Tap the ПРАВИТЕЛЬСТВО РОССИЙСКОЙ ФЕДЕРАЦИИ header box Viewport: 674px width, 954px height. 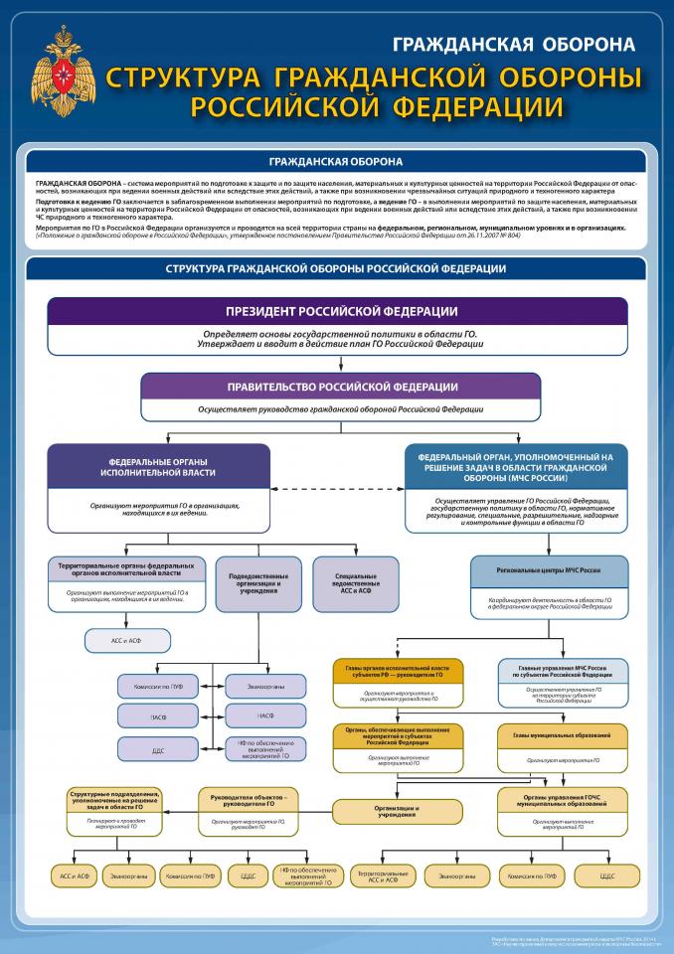coord(341,387)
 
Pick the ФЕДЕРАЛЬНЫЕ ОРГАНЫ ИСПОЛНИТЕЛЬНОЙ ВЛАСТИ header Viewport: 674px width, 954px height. coord(158,466)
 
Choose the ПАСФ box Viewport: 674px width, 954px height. coord(159,715)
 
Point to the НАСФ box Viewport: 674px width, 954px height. coord(265,715)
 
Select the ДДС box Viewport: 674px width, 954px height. coord(159,750)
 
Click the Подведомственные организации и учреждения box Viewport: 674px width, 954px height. coord(264,581)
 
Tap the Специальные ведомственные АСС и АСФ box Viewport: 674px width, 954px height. coord(356,581)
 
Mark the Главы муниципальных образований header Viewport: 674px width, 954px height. coord(563,734)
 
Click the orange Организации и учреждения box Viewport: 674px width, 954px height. coord(397,810)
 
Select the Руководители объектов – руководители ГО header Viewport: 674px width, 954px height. coord(249,800)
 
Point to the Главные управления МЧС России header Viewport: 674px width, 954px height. coord(563,671)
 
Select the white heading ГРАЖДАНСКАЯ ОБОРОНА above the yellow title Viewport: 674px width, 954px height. coord(513,45)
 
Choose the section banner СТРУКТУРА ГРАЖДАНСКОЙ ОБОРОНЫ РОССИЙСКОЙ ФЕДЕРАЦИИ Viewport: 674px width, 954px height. coord(336,269)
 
